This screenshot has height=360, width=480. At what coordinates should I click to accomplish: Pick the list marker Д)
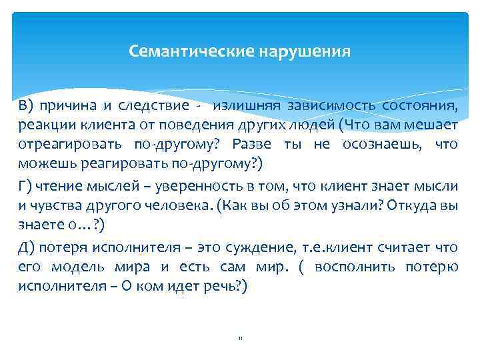[26, 248]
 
